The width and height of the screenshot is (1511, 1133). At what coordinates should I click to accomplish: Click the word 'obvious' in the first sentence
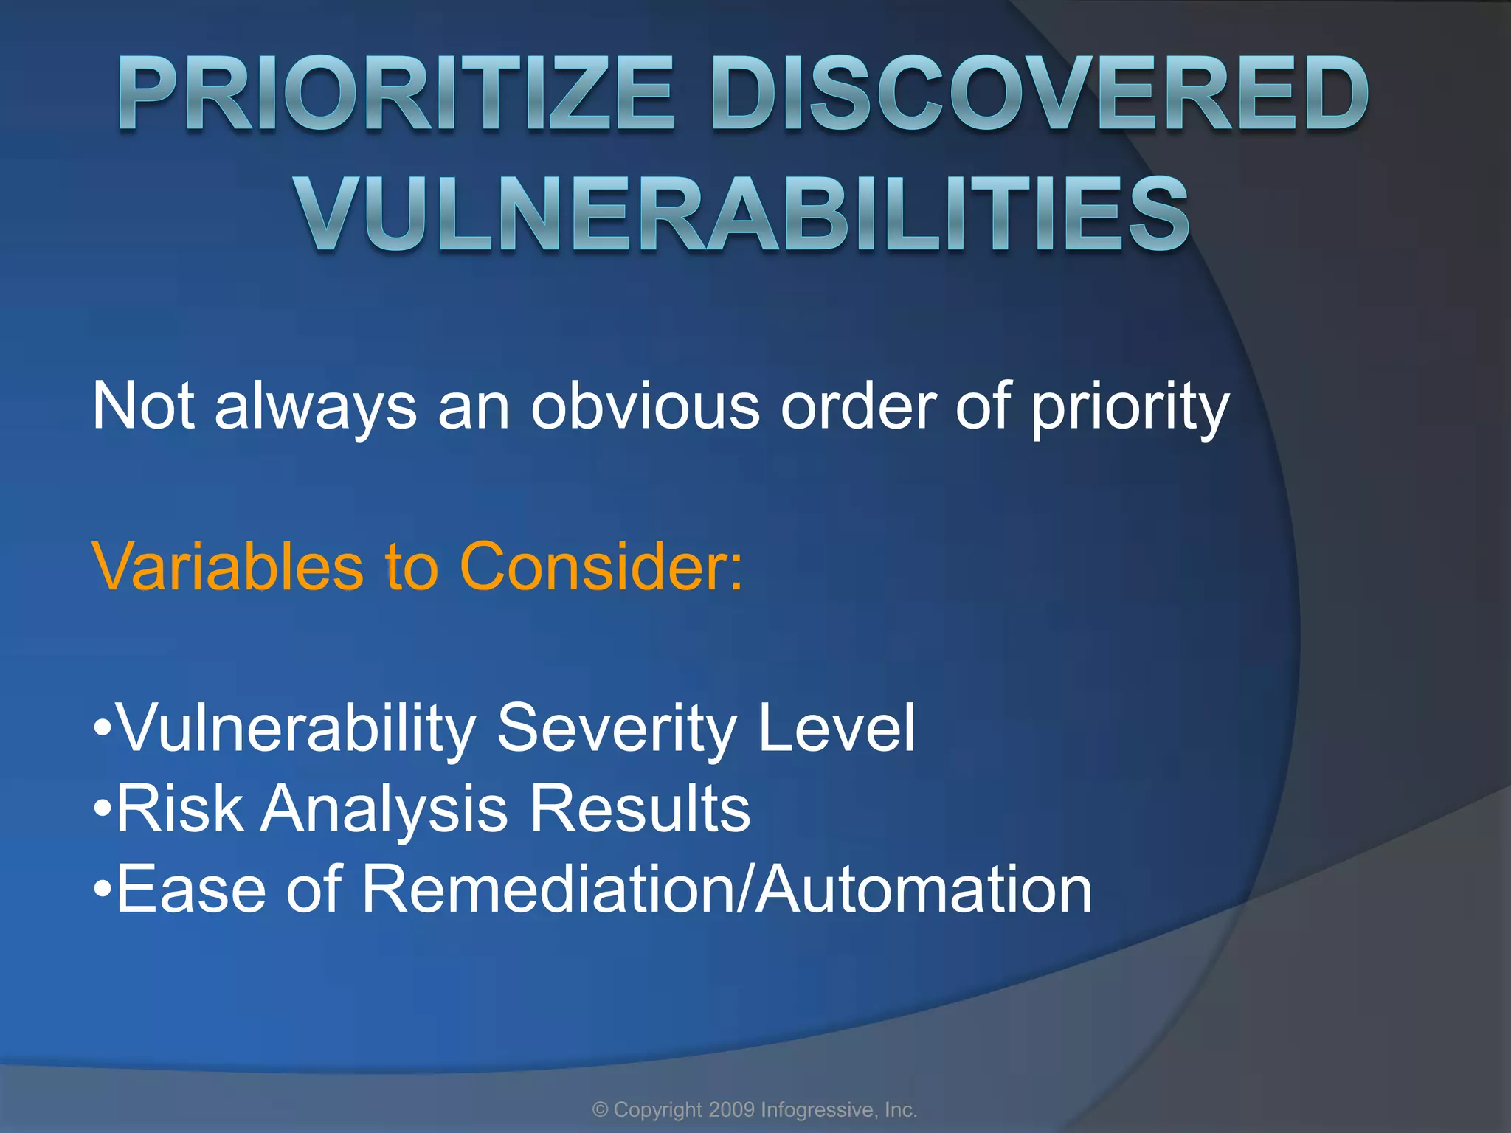pos(645,406)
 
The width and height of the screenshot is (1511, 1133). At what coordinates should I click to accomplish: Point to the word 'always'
pos(316,406)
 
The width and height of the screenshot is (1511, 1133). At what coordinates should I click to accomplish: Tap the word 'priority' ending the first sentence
pos(1130,406)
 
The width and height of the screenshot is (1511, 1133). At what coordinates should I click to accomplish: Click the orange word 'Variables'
pos(228,566)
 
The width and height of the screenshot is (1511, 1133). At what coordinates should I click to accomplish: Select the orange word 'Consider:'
pos(601,566)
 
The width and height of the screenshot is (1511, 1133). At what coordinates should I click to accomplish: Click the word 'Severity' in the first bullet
pos(616,729)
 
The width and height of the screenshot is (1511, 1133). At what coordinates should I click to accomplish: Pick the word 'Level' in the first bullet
pos(837,729)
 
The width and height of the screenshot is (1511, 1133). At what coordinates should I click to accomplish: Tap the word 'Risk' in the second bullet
pos(180,809)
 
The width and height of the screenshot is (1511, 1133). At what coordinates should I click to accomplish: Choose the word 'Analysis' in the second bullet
pos(384,809)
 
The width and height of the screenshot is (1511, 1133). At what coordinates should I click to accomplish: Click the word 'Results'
pos(640,809)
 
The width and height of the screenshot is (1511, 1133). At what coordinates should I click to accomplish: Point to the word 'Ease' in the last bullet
pos(190,890)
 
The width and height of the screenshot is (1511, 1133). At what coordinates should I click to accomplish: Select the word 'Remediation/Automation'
pos(726,890)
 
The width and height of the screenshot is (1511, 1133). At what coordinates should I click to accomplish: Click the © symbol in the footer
pos(601,1110)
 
